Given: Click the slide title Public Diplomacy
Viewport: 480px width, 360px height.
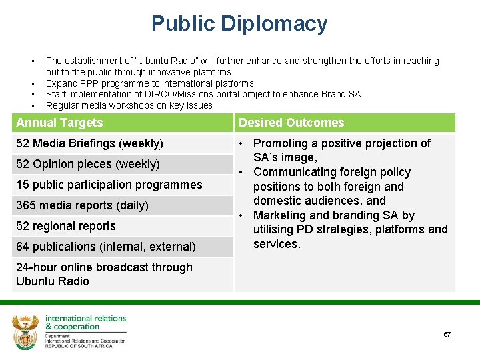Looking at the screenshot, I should pos(239,24).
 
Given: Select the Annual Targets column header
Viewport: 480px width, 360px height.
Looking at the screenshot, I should pos(60,123).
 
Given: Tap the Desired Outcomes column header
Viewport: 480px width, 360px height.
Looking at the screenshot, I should pos(291,123).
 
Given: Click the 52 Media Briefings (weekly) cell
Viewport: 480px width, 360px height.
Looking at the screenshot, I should pos(89,143).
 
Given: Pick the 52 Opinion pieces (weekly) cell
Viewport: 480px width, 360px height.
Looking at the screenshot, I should pos(87,164).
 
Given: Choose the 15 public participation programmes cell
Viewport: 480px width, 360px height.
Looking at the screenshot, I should pos(109,185).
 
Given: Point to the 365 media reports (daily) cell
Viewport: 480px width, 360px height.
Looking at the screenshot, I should pos(82,205).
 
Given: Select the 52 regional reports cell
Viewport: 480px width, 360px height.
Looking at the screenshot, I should pos(65,226).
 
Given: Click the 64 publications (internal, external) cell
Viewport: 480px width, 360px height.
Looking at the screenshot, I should pos(105,247).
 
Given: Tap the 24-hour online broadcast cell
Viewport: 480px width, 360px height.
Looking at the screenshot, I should pos(103,274).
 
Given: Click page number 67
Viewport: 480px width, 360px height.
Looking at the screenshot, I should pos(447,334).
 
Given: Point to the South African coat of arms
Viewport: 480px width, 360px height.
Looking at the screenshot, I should pos(26,331).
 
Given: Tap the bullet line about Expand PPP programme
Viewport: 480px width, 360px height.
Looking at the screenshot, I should pos(149,83).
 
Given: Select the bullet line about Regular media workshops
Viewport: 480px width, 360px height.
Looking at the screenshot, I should pos(129,105).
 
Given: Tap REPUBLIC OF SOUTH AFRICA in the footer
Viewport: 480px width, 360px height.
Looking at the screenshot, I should pos(85,346).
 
